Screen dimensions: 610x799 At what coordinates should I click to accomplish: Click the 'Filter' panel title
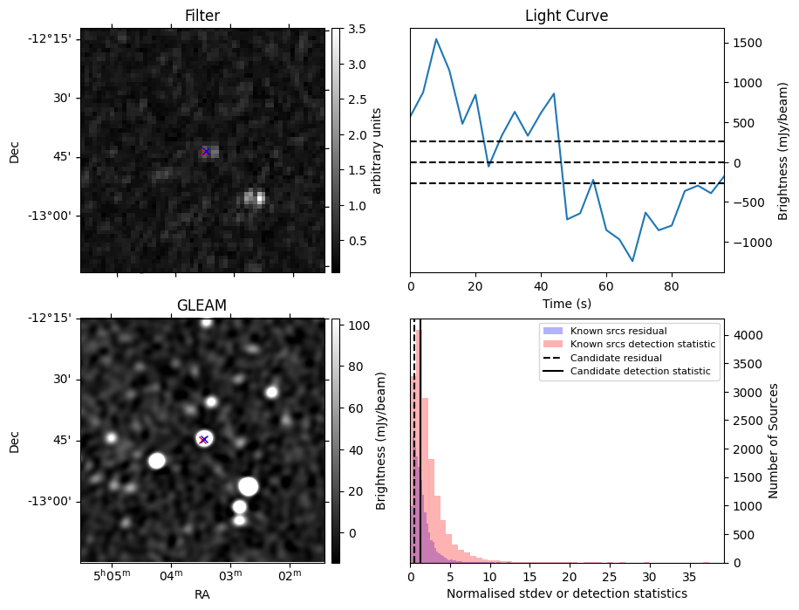click(x=202, y=16)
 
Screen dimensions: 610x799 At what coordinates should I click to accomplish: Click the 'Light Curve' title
click(x=566, y=16)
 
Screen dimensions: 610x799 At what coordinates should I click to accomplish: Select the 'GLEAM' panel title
click(x=202, y=305)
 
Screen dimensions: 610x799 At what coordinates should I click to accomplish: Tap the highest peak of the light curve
click(x=436, y=39)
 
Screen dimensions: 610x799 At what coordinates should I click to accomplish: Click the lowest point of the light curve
click(x=632, y=261)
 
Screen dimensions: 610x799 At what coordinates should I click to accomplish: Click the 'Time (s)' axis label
click(x=566, y=302)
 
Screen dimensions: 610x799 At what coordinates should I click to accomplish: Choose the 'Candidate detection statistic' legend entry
click(x=640, y=372)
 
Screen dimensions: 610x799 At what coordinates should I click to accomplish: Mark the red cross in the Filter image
click(x=206, y=151)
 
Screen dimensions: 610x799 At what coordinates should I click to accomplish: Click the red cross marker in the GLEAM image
click(x=203, y=439)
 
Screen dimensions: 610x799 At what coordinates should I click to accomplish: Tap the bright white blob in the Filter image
click(x=254, y=198)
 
